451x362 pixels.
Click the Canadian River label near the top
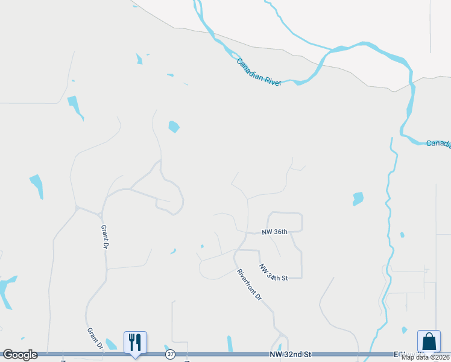coord(259,72)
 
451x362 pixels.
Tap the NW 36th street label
coord(274,232)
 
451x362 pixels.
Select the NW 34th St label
coord(274,272)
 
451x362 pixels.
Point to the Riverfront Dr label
coord(250,285)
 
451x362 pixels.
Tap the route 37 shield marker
coord(171,355)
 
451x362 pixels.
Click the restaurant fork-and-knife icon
coord(135,342)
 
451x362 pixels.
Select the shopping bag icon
coord(429,341)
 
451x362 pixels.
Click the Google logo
coord(20,355)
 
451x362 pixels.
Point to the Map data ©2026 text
coord(425,357)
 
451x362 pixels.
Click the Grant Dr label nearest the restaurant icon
coord(95,338)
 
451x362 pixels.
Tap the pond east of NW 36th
coord(358,198)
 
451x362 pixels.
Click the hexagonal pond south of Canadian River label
coord(174,127)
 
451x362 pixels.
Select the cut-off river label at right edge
coord(438,144)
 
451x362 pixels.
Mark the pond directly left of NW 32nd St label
coord(230,343)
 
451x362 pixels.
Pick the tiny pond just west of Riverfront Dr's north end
coord(202,246)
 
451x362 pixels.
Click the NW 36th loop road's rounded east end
coord(300,222)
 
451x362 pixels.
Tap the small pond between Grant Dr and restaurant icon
coord(112,344)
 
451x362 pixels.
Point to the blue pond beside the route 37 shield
coord(166,348)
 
